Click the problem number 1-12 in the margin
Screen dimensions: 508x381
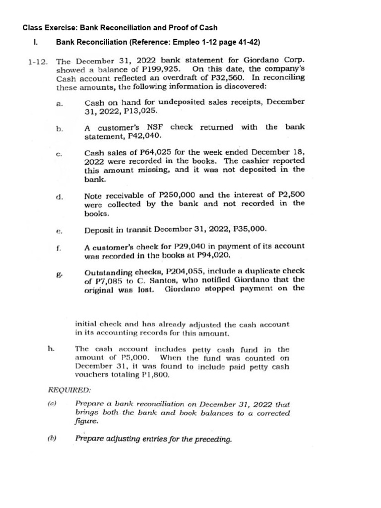[x=38, y=62]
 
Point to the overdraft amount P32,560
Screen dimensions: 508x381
[x=229, y=78]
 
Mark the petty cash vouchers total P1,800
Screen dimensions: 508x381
[x=154, y=375]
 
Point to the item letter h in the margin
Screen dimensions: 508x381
[x=51, y=350]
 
